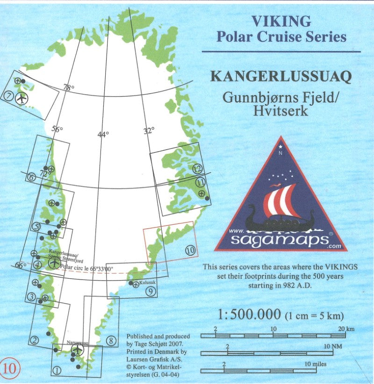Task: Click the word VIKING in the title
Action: tap(281, 21)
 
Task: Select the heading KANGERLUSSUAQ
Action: tap(281, 77)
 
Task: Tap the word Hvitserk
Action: tap(280, 111)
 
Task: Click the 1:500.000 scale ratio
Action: tap(249, 313)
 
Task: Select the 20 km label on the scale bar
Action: tap(346, 329)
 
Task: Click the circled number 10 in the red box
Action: tap(190, 250)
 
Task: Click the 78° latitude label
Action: tap(69, 88)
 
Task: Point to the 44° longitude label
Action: tap(103, 134)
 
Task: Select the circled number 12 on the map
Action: tap(199, 169)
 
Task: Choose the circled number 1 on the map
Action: tap(57, 370)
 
